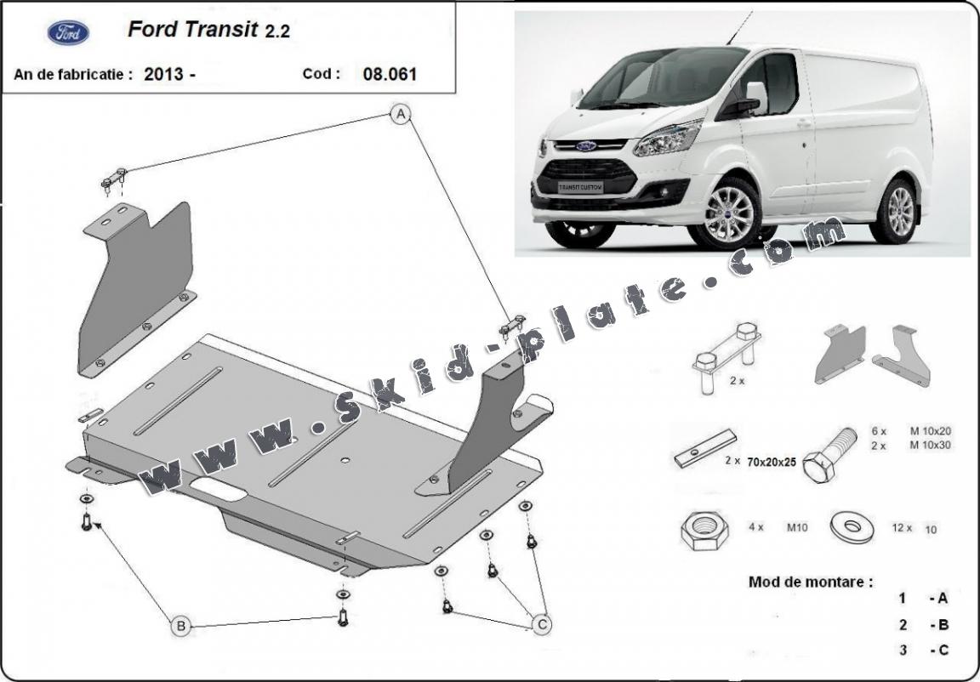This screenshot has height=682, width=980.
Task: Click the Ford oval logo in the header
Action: coord(68,32)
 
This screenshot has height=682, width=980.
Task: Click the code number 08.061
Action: coord(390,74)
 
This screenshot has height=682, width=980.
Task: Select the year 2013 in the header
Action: coord(163,74)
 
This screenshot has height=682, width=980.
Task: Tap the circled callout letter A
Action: coord(401,114)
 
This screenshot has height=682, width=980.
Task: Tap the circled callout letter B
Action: coord(180,626)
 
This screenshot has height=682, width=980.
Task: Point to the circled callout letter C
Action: coord(541,623)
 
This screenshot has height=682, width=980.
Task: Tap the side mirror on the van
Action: coord(755,98)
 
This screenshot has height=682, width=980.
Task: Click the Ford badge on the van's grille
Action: coord(586,146)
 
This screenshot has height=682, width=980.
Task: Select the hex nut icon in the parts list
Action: coord(705,531)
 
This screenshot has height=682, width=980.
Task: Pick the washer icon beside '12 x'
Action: coord(852,528)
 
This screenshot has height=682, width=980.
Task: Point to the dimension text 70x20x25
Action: coord(772,462)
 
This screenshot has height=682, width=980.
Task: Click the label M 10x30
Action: coord(930,446)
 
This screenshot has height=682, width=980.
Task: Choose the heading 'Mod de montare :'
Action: coord(810,582)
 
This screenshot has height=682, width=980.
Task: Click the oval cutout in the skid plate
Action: coord(218,488)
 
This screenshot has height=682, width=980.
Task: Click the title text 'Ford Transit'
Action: coord(193,30)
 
